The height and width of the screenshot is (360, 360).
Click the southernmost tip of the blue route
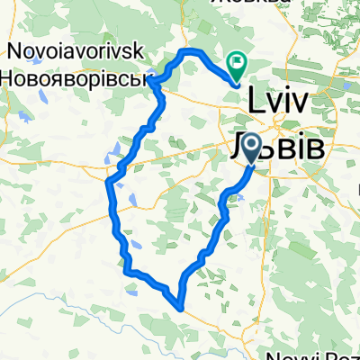click(x=182, y=307)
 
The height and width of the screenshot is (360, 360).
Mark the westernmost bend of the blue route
click(x=108, y=184)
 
